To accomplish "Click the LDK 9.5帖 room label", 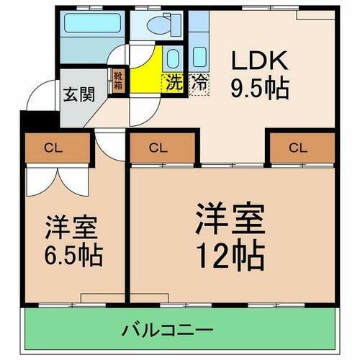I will pyautogui.click(x=260, y=74).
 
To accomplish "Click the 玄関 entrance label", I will pyautogui.click(x=75, y=95).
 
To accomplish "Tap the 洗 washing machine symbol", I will pyautogui.click(x=175, y=82).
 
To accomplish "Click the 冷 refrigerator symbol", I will pyautogui.click(x=199, y=82).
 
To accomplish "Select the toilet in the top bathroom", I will pyautogui.click(x=156, y=24).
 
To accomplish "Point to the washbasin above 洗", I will pyautogui.click(x=174, y=58).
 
